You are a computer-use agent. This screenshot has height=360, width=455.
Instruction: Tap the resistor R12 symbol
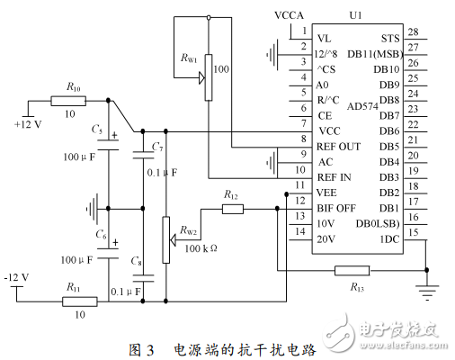pyautogui.click(x=232, y=209)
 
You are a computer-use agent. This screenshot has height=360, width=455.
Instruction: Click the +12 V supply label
pyautogui.click(x=28, y=123)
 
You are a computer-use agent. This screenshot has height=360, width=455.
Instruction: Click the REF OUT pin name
pyautogui.click(x=339, y=146)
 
